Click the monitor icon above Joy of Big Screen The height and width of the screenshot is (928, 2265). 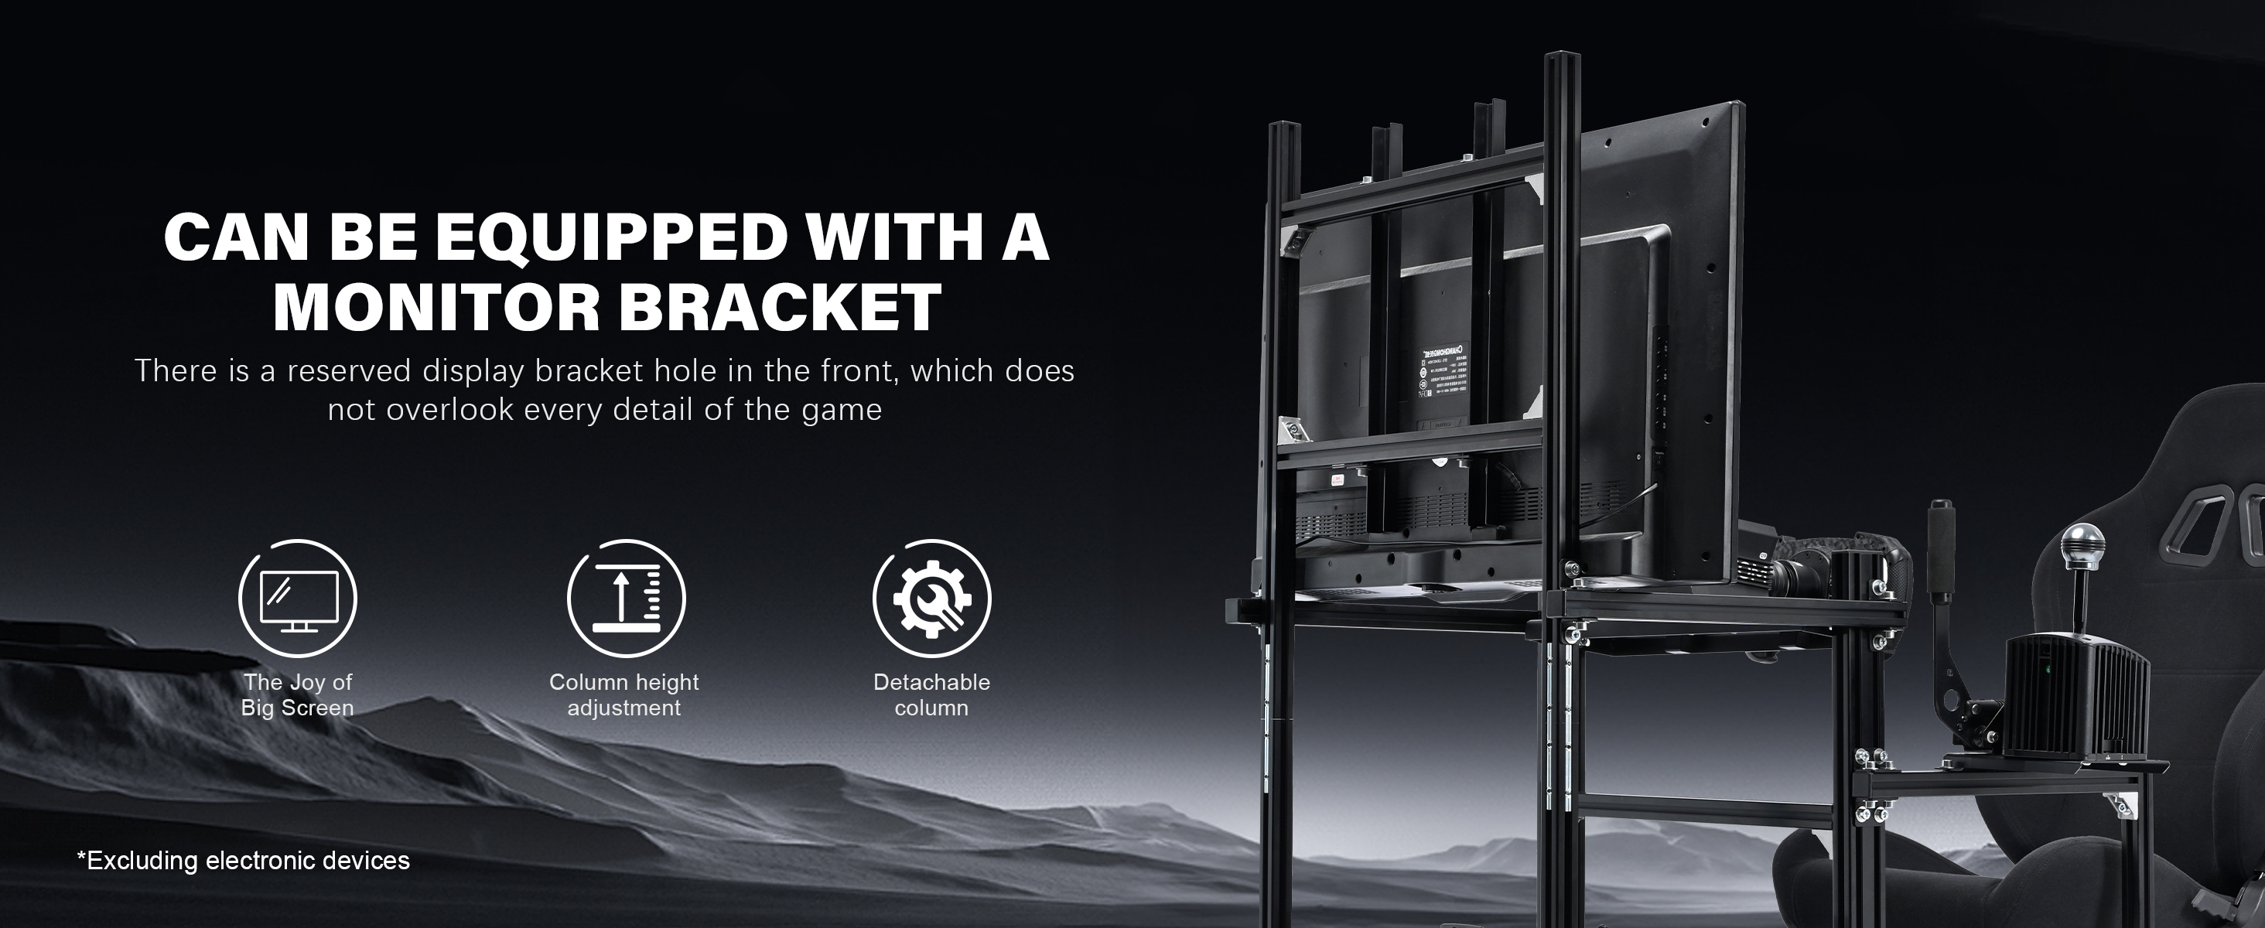point(298,599)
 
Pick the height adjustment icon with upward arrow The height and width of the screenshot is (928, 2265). point(625,599)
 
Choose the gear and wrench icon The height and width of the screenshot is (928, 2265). point(931,599)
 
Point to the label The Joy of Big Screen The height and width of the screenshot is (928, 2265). point(298,695)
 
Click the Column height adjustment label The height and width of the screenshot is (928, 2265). point(624,695)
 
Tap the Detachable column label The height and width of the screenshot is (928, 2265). point(931,695)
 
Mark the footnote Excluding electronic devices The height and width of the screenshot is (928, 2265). point(244,860)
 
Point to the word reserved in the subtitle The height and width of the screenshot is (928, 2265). point(348,371)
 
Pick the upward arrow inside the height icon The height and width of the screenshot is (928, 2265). point(623,593)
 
